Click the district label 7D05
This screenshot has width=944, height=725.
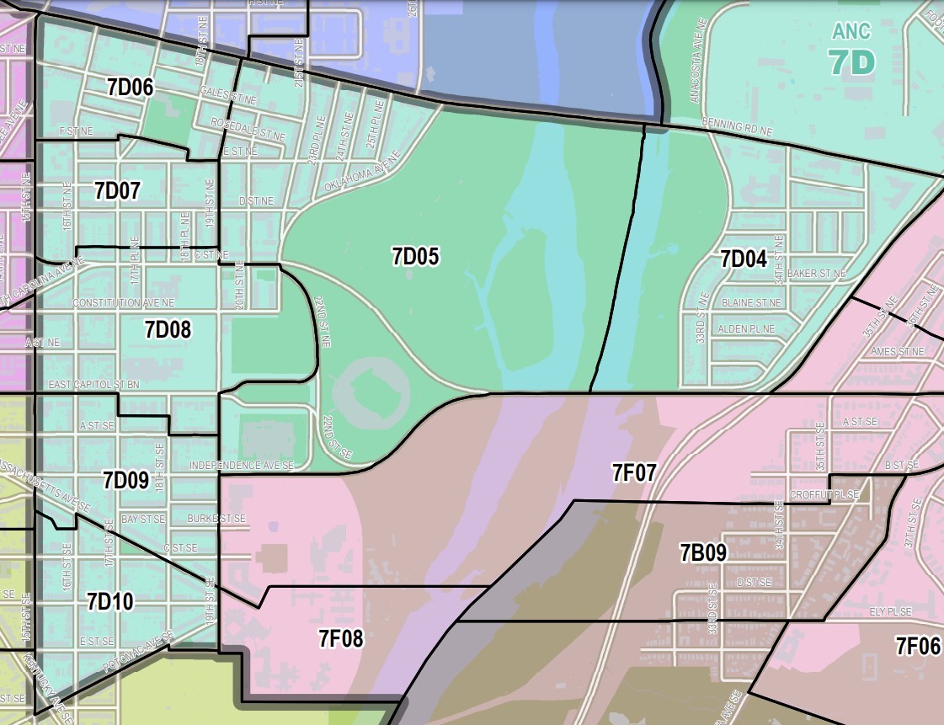click(x=415, y=257)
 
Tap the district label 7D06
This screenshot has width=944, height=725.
click(x=130, y=86)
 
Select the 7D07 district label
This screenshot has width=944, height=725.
click(x=117, y=190)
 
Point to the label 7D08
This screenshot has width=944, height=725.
click(x=168, y=329)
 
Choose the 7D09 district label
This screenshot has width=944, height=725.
click(x=125, y=481)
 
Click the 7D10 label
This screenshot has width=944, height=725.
click(x=109, y=601)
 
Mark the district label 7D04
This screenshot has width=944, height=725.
click(x=744, y=259)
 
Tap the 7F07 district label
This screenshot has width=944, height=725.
click(x=634, y=472)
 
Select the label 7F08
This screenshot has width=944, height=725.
click(x=340, y=639)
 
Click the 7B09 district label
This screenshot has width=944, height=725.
click(x=702, y=552)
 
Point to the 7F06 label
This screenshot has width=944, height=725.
click(x=917, y=647)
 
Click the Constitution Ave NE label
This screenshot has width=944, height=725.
click(x=124, y=302)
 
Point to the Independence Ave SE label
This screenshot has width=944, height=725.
click(x=241, y=465)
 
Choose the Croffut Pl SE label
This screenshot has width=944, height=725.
click(x=824, y=495)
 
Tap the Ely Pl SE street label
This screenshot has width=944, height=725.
click(x=889, y=611)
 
